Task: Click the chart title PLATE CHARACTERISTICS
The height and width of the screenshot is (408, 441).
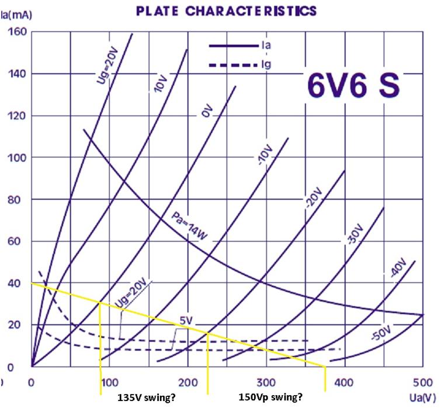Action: [225, 11]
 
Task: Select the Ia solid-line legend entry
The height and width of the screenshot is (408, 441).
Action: [266, 44]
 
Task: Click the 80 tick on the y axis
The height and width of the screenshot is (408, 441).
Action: [19, 199]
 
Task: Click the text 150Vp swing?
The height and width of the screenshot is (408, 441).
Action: [268, 397]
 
